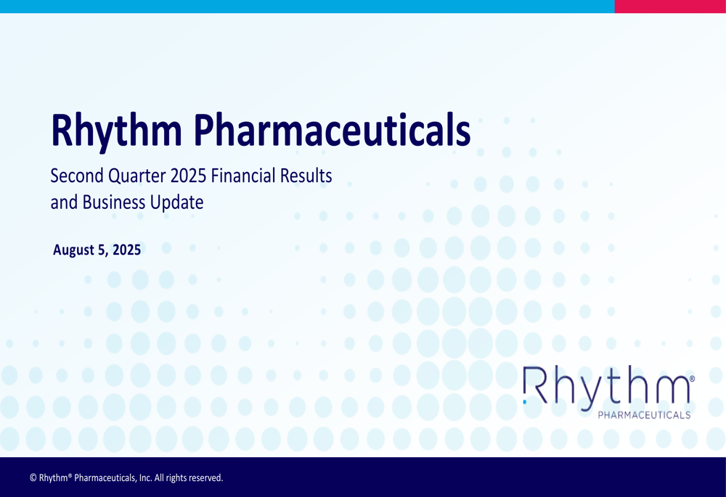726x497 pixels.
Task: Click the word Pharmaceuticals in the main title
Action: coord(331,131)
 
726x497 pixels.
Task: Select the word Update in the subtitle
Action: coord(176,202)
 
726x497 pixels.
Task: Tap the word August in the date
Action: coord(74,251)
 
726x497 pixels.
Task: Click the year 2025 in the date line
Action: coord(126,251)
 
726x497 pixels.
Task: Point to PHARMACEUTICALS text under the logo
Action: coord(643,415)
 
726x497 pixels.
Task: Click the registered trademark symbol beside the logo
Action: coord(692,379)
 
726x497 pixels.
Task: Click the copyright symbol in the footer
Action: coord(33,478)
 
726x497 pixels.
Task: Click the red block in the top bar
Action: coord(669,7)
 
